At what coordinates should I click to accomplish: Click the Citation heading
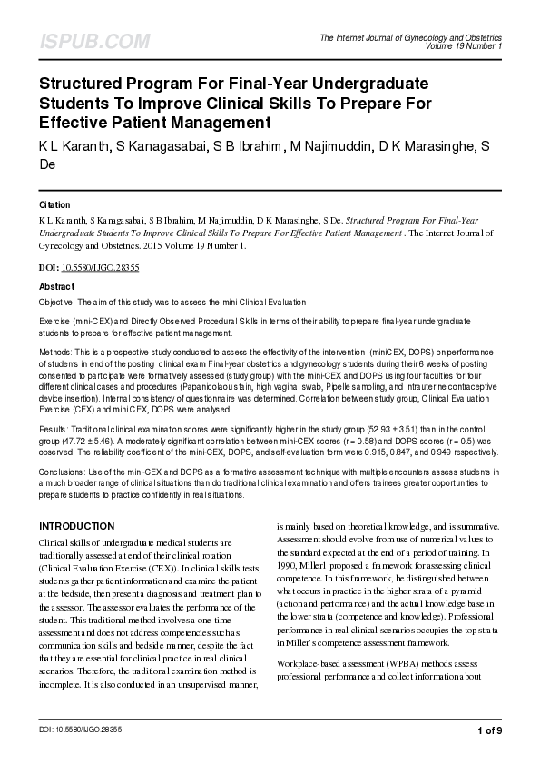(54, 205)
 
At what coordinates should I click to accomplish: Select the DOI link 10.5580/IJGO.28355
(100, 270)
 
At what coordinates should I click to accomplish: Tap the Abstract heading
(56, 285)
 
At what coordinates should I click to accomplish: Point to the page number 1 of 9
(488, 730)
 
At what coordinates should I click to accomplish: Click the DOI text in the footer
(80, 730)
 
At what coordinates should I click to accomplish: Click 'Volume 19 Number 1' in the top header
(463, 45)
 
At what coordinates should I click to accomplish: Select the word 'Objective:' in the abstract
(56, 301)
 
